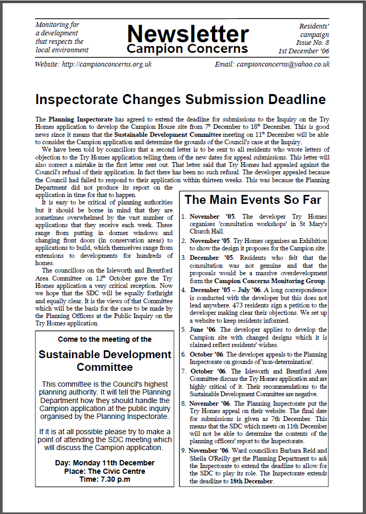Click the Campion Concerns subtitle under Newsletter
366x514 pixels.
tap(187, 49)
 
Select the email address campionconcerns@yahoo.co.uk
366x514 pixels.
tap(283, 64)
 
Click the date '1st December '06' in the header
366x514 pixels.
tap(304, 51)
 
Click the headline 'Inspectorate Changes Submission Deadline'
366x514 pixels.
tap(180, 99)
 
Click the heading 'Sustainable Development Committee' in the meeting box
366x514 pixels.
tap(105, 360)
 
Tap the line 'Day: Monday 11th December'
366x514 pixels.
tap(105, 463)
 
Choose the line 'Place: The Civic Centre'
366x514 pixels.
tap(105, 471)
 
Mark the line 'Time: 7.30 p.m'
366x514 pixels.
tap(105, 480)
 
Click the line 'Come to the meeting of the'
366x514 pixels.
tap(105, 339)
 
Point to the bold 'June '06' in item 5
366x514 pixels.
tap(202, 330)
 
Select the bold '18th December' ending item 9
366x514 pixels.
tap(252, 481)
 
